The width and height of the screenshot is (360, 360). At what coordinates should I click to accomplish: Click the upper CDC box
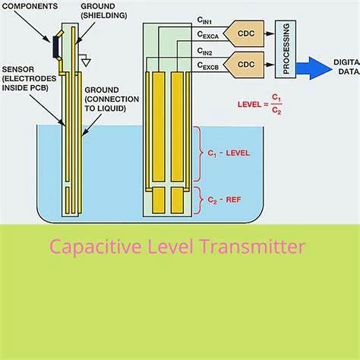245,33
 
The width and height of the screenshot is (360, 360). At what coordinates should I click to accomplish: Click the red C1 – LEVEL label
228,153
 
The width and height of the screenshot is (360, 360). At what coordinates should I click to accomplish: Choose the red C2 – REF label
223,200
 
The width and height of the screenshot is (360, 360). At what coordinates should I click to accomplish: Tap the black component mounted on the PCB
57,46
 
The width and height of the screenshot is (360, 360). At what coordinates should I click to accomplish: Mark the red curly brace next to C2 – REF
199,200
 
